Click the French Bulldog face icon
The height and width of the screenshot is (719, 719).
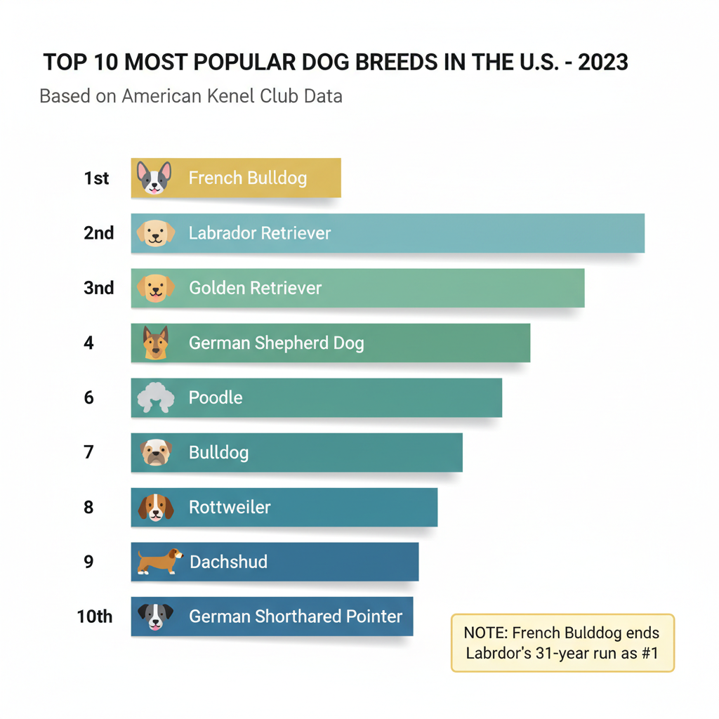pos(154,178)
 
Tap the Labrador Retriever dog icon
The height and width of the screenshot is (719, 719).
pos(155,233)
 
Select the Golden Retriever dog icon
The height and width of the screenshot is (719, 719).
pos(155,288)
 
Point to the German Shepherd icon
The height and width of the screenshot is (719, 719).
pos(155,343)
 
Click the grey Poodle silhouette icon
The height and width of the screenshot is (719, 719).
pos(154,397)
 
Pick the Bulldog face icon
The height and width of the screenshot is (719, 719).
pos(155,452)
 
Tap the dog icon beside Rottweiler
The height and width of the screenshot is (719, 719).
pos(155,507)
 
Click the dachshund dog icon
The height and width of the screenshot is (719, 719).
pos(159,561)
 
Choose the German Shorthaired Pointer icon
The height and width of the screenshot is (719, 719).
pos(155,616)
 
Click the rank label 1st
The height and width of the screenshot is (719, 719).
pos(96,178)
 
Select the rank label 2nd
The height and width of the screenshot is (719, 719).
pos(98,233)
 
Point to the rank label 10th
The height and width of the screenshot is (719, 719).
pos(95,616)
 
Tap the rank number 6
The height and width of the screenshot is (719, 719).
pos(88,397)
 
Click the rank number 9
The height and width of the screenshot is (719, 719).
pos(88,562)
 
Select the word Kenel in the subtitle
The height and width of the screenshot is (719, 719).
pos(234,95)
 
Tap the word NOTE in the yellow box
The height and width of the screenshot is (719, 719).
pos(484,633)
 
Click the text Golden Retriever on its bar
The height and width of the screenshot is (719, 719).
pos(255,288)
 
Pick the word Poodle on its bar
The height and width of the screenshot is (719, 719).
pos(216,397)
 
